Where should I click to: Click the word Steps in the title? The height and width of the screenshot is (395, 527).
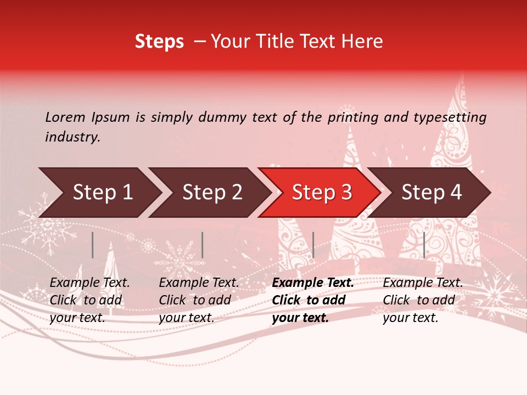(x=159, y=42)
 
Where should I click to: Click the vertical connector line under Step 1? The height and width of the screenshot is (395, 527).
(x=93, y=245)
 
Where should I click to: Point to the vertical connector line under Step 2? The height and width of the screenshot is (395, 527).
(x=203, y=245)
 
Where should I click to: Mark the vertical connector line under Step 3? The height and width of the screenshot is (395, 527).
(x=313, y=245)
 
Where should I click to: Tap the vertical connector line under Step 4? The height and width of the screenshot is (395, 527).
(x=424, y=245)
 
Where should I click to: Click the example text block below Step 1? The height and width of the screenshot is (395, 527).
(x=90, y=300)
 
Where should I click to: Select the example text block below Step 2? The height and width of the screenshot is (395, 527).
(x=199, y=300)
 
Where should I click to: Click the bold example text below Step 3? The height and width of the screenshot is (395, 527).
(x=313, y=300)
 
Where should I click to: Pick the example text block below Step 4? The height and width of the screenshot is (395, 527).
(x=423, y=300)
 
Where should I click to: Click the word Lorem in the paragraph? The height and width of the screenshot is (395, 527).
(x=65, y=117)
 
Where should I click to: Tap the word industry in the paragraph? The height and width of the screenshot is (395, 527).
(x=72, y=137)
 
